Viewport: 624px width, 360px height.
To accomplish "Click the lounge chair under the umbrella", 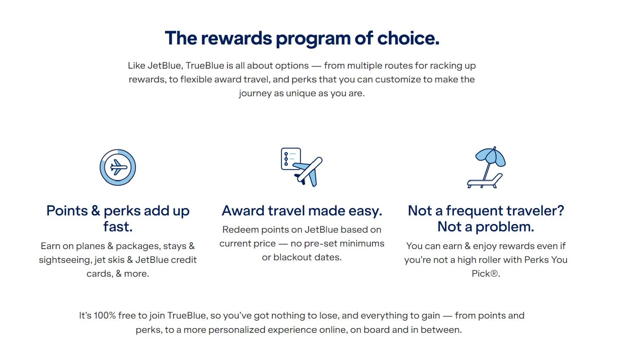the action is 485,181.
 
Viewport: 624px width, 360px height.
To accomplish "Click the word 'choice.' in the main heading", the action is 408,38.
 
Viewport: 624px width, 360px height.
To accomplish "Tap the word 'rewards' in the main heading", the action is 236,38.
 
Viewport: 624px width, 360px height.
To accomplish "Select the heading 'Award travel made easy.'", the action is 302,211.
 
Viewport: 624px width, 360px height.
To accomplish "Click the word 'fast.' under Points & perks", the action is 118,227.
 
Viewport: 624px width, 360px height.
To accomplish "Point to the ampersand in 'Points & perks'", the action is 95,211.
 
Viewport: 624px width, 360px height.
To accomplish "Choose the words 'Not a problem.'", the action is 486,227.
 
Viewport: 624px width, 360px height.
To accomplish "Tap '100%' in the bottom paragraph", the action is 104,316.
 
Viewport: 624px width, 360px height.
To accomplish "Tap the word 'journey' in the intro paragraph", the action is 255,93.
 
